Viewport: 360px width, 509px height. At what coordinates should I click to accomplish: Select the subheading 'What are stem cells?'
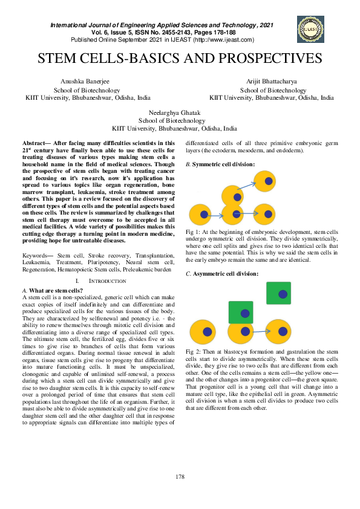click(59, 291)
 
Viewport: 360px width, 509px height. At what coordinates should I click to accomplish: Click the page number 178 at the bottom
click(180, 477)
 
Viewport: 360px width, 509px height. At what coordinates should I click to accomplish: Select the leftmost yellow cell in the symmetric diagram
click(201, 215)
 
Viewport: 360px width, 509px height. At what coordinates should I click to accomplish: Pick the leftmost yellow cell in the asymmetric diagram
click(201, 331)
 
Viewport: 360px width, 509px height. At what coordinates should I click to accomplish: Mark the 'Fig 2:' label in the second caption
click(193, 351)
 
